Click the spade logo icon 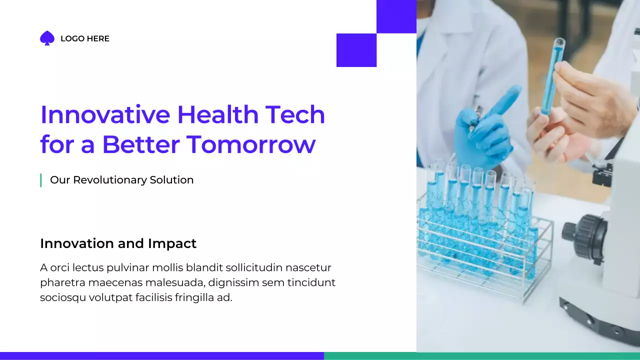47,38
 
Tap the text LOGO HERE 84,38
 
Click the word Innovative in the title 105,114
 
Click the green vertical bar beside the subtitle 40,180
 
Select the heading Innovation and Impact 118,243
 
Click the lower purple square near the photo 356,50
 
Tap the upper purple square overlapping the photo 396,16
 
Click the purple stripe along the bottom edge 161,356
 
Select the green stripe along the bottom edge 481,356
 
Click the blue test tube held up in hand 552,75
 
